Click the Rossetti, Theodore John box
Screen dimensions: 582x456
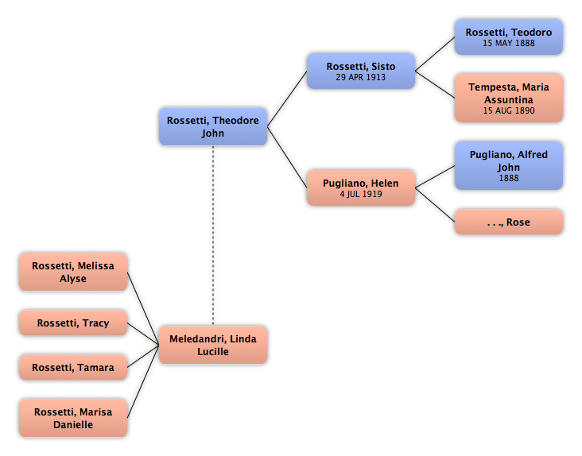[213, 127]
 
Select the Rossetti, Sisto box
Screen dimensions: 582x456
[361, 71]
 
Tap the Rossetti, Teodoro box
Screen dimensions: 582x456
[509, 37]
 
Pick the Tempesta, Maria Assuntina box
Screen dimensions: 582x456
[509, 98]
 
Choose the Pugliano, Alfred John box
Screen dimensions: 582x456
[509, 165]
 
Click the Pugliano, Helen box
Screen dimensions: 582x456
[361, 187]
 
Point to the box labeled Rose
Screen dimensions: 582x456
[509, 222]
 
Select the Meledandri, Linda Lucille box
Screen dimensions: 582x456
[213, 345]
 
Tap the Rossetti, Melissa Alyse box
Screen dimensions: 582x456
[73, 272]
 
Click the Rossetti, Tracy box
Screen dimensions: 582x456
[73, 323]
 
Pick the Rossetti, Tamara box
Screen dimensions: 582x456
[73, 367]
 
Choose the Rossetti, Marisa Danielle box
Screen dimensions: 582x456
[73, 418]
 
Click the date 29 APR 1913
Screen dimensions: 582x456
[361, 77]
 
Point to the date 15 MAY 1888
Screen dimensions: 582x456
[509, 43]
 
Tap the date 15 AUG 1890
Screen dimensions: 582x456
[509, 110]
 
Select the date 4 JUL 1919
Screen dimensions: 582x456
[361, 194]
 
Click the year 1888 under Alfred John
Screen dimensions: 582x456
[509, 178]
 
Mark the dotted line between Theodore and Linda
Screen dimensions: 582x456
[213, 236]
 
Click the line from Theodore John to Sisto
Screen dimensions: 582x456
[287, 99]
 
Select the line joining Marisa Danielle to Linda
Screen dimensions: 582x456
[143, 381]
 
